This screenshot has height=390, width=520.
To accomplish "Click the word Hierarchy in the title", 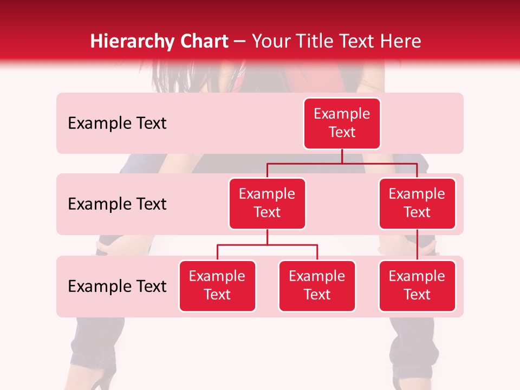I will (x=124, y=42).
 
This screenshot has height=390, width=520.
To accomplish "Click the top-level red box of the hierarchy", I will (x=342, y=123).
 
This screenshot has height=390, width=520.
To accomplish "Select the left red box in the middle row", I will (x=267, y=204).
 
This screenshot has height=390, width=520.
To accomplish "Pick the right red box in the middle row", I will (x=417, y=204).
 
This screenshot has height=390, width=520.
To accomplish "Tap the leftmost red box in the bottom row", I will (x=217, y=286).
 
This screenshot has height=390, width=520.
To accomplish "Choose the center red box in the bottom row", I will (x=317, y=286).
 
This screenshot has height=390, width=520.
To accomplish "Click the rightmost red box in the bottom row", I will (x=417, y=286).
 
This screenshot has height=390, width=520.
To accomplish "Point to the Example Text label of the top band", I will (x=117, y=123).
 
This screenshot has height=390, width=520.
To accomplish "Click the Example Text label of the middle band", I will (x=117, y=204).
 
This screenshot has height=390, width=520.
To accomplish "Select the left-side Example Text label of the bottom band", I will (x=117, y=287).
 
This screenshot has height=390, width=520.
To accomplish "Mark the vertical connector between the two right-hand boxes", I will (x=417, y=245).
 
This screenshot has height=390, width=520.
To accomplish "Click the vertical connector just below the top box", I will (x=342, y=156).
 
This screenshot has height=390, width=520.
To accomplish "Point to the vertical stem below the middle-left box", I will (x=267, y=237).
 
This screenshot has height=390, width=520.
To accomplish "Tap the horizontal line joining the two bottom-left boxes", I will (x=267, y=245).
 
